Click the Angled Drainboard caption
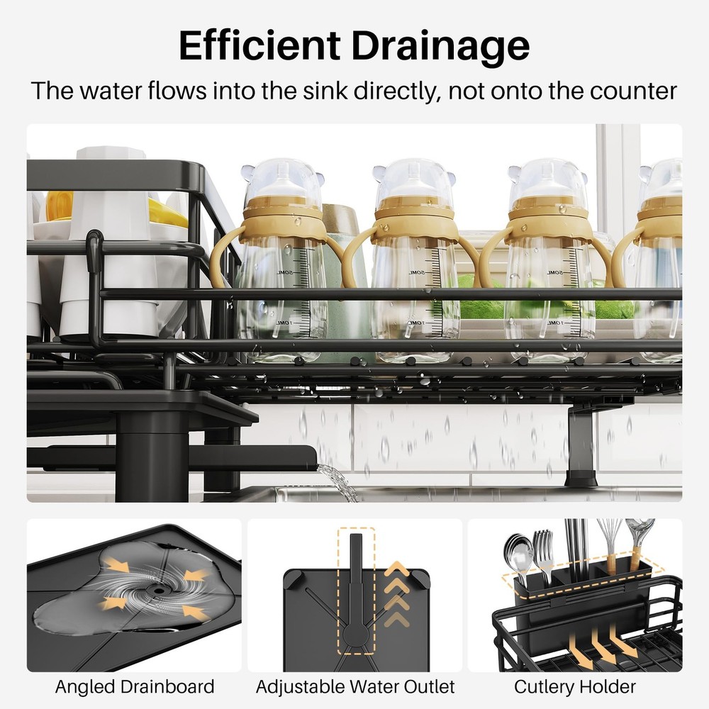(x=135, y=686)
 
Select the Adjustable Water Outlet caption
(x=355, y=686)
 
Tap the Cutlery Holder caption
(x=575, y=686)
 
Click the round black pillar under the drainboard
(x=152, y=454)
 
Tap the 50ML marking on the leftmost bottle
(x=283, y=272)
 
